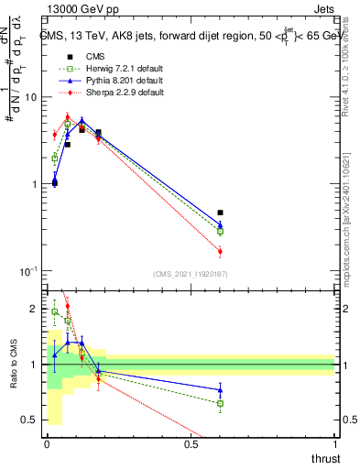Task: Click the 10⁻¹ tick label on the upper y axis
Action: point(27,272)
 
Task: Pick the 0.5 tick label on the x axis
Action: point(191,445)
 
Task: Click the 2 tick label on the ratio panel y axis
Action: point(33,310)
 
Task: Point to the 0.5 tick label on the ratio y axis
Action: point(28,420)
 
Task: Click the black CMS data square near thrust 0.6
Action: point(220,213)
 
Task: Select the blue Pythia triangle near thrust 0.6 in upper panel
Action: point(220,224)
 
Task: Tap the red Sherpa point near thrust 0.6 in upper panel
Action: point(220,251)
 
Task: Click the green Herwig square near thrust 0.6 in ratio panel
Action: point(220,403)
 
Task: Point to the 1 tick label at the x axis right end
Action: point(335,445)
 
